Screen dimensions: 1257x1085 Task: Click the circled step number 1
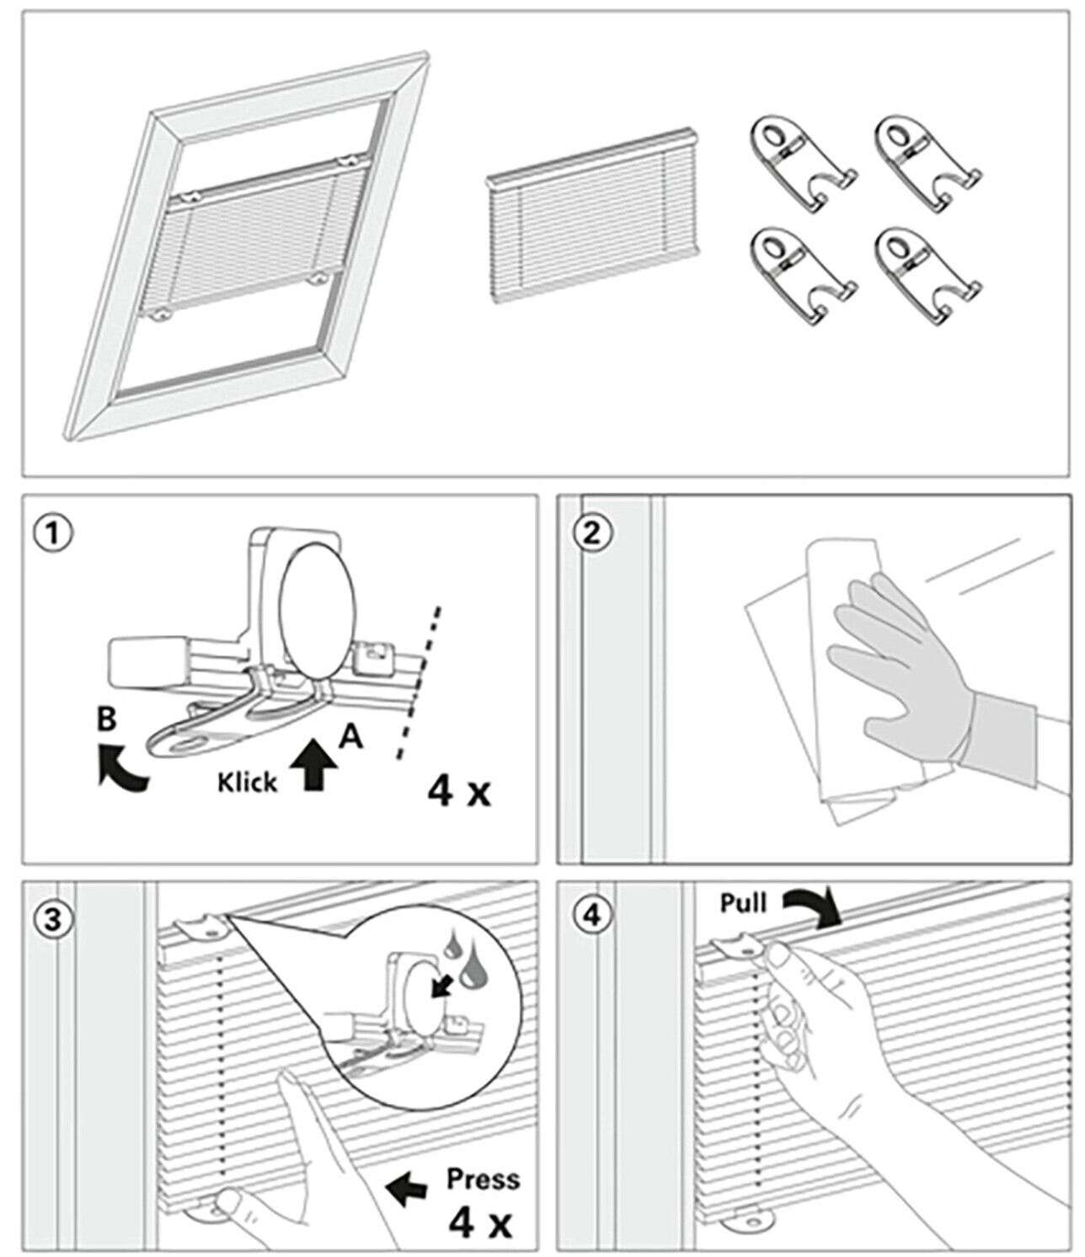51,533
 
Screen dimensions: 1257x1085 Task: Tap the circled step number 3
52,918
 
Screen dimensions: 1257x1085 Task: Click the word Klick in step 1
247,783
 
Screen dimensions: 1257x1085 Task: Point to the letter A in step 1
350,736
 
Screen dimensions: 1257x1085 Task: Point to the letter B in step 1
107,719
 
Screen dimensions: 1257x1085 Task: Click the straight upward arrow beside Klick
315,763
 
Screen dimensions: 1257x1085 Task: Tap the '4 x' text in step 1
458,791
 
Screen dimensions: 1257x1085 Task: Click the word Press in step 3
483,1179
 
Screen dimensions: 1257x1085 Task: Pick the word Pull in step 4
743,903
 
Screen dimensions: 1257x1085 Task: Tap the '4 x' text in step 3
480,1222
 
